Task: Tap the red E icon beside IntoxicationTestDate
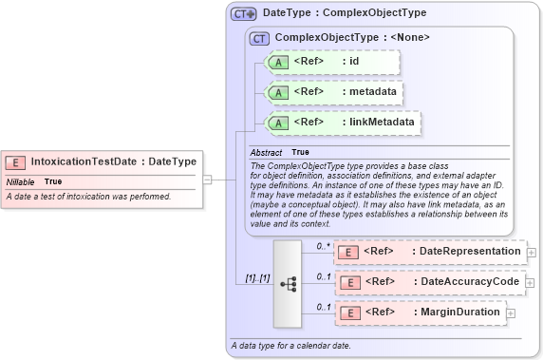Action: coord(16,162)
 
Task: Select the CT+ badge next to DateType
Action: coord(244,14)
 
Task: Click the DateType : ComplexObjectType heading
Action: coord(344,13)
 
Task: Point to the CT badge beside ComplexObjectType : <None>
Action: coord(257,38)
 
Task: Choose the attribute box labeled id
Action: coord(332,62)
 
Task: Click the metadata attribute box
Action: coord(332,91)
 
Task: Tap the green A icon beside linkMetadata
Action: coord(278,123)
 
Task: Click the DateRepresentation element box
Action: coord(429,251)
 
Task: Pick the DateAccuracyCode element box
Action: coord(429,282)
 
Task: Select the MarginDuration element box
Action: coord(419,312)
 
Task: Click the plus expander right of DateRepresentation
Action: coord(532,252)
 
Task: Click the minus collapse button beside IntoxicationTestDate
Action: coord(207,178)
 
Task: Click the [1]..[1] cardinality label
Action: coord(252,278)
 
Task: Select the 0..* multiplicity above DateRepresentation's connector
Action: coord(322,245)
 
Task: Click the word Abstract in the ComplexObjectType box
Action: coord(266,152)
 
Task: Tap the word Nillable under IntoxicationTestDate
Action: coord(22,181)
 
